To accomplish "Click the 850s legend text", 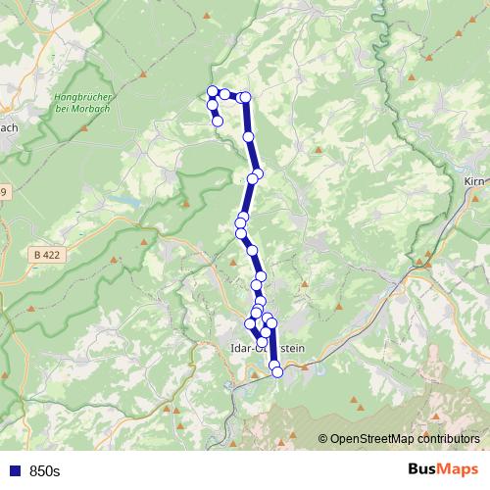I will click(x=44, y=471).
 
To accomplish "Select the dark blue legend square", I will click(x=15, y=471).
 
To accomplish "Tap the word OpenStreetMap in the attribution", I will click(x=374, y=440).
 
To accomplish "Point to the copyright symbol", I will click(x=323, y=440).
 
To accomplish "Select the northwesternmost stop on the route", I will click(x=212, y=92).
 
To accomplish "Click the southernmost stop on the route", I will click(x=276, y=370).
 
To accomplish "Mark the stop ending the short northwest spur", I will click(x=219, y=122).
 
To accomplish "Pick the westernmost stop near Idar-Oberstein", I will click(x=250, y=322).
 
